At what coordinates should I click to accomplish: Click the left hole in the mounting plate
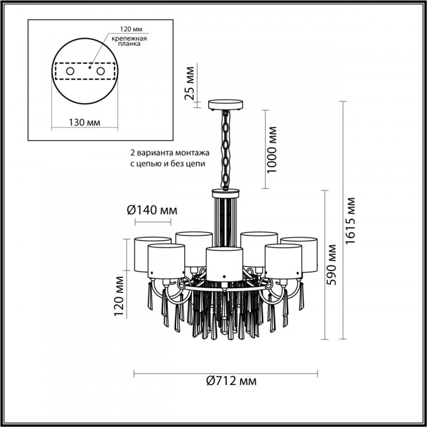tap(70, 70)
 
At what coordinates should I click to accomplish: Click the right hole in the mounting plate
tap(100, 70)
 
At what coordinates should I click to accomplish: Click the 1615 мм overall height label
tap(350, 220)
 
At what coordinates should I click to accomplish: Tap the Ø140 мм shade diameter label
tap(152, 210)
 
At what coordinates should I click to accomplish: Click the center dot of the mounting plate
tap(90, 68)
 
